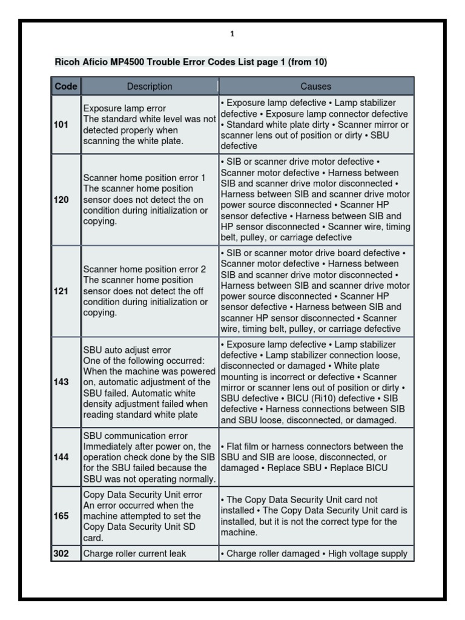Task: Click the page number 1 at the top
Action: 232,35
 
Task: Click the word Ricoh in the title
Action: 67,62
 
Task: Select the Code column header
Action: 66,87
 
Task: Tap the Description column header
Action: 150,87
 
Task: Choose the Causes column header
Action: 316,87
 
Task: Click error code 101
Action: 62,125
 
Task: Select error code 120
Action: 62,200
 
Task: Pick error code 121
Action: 62,291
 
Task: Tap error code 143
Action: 62,383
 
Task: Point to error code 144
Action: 62,457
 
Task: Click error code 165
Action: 62,516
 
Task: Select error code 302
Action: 62,553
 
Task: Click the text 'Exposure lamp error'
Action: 124,108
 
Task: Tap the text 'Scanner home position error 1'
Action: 145,178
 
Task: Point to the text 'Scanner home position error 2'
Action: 145,269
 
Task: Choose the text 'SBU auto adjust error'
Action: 127,350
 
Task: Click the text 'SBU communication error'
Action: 136,436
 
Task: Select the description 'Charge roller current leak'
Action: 135,553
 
